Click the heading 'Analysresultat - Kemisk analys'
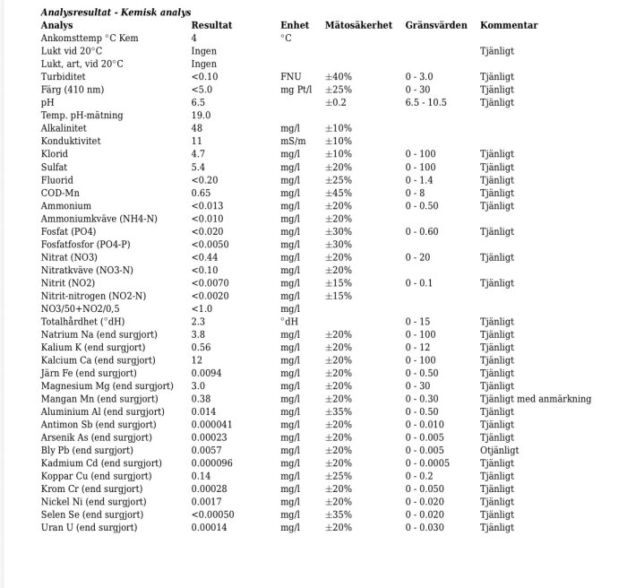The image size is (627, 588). (x=110, y=13)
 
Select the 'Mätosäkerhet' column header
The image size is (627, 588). (x=358, y=25)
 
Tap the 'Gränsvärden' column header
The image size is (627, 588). (x=436, y=25)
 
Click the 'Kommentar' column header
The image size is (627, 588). (x=509, y=25)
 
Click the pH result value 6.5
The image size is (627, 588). (x=198, y=103)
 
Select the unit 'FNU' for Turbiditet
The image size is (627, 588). (x=290, y=77)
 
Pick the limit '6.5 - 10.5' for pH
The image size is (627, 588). (x=426, y=103)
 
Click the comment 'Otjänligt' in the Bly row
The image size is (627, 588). (x=499, y=451)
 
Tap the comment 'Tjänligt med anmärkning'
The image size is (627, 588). (x=536, y=399)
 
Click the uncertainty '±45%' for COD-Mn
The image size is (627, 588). (x=338, y=193)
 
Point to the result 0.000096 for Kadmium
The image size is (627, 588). (x=212, y=463)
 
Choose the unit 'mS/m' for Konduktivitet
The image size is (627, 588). (x=293, y=142)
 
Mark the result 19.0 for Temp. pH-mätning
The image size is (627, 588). (x=201, y=116)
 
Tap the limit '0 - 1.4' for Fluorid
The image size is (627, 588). (x=419, y=180)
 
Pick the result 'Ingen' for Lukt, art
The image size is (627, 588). (x=203, y=65)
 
